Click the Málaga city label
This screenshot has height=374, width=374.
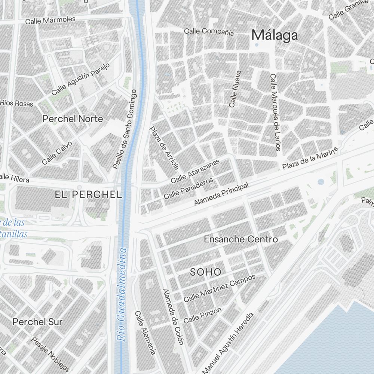[275, 35]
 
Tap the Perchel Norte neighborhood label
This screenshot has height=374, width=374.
[73, 119]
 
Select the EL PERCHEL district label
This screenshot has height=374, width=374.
[88, 194]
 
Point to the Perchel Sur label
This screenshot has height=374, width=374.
[37, 322]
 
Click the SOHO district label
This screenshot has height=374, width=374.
[206, 272]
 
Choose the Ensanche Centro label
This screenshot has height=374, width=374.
[241, 239]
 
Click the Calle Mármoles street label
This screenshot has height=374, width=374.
[50, 20]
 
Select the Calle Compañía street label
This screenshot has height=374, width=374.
[209, 32]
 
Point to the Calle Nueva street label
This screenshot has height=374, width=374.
[235, 89]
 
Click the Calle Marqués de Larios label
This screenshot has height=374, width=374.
[275, 112]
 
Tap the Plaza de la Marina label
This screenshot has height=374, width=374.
[310, 158]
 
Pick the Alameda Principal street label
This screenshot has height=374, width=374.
[221, 194]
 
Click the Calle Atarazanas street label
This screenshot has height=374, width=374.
[196, 171]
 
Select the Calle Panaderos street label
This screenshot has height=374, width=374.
[188, 188]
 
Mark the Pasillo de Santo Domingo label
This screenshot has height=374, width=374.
[125, 129]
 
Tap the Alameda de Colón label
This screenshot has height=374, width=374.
[173, 317]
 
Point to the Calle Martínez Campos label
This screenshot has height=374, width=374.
[220, 288]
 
